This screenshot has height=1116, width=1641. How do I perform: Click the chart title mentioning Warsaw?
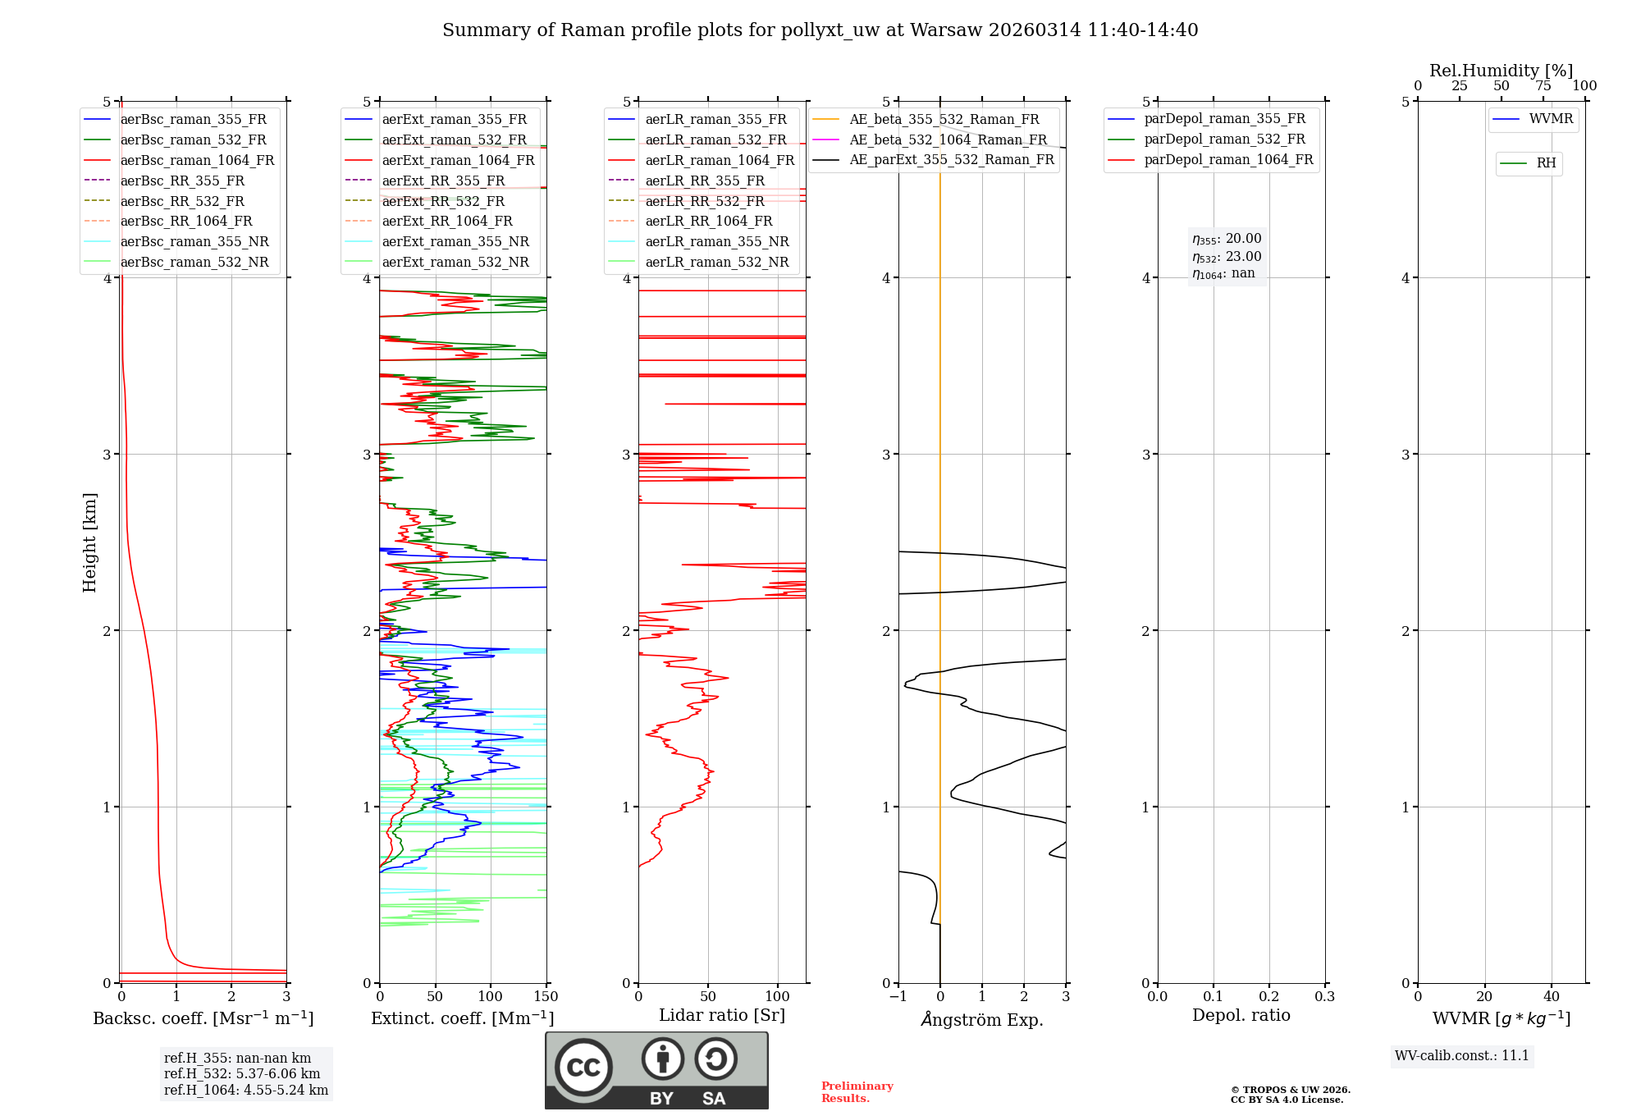point(820,30)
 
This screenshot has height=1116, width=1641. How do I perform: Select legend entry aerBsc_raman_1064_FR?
point(197,160)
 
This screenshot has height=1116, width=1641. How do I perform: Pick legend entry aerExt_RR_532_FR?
point(443,201)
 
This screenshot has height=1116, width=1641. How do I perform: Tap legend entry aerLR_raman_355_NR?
point(716,241)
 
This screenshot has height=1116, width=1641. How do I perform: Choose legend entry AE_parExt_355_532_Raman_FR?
point(951,159)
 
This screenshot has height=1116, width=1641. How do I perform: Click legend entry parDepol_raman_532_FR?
point(1224,139)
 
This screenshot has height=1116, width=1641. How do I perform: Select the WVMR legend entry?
point(1551,119)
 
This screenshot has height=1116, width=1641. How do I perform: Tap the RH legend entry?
point(1546,163)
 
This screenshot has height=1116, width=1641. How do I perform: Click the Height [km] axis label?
point(89,542)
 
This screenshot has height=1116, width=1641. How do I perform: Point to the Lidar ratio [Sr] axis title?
point(721,1015)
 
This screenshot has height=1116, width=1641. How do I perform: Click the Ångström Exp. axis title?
point(981,1019)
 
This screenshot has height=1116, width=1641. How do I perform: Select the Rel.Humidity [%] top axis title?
point(1501,71)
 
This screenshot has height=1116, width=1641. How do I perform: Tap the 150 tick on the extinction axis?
point(546,997)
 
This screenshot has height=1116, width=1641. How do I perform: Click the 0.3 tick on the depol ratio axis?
point(1324,997)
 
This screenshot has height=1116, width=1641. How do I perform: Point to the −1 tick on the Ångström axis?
point(898,997)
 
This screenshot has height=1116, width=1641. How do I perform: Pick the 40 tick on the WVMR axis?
point(1551,997)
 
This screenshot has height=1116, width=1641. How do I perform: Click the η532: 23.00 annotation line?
point(1227,256)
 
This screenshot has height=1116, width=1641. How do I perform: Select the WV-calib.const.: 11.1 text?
point(1461,1055)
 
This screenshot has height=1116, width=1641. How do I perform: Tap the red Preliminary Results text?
point(857,1091)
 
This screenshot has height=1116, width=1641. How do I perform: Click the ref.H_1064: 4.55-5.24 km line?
point(246,1090)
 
